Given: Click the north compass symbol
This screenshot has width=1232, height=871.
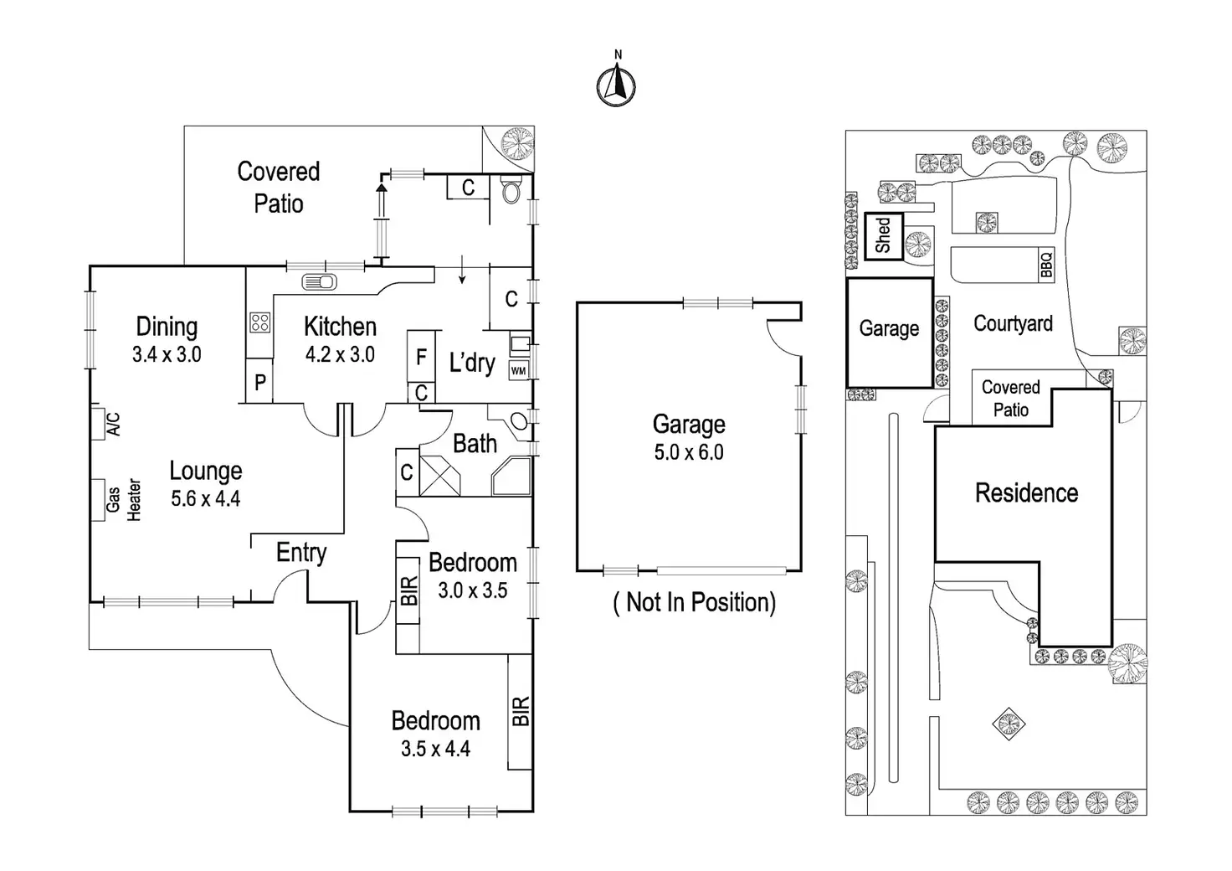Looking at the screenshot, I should coord(616,85).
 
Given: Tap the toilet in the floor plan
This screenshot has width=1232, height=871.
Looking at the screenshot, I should coord(510,191).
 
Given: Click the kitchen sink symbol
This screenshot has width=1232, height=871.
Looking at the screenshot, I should coord(319,281).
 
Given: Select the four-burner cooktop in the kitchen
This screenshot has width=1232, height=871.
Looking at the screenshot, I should coord(259,322).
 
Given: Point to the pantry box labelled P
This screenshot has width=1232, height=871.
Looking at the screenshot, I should coord(260,382).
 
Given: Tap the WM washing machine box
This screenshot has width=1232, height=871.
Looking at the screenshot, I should coord(519,370).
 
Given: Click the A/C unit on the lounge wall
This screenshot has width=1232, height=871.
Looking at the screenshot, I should coord(105,424).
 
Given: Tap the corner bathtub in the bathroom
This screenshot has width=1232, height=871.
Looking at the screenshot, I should coord(511,477).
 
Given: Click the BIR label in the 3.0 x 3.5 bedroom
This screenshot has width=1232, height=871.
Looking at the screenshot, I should coord(408,590).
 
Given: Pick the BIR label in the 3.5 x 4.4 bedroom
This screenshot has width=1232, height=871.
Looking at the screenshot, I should coord(520,712).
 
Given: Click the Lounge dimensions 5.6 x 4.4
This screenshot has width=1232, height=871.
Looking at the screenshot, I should coord(206,499).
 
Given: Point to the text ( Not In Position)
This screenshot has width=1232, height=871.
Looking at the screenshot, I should coord(695,602).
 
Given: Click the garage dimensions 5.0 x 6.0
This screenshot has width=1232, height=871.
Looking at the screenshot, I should coord(689,453).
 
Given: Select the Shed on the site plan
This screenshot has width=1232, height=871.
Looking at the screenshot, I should coord(883,236).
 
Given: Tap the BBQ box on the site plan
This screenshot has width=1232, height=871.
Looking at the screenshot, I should coord(1045,265).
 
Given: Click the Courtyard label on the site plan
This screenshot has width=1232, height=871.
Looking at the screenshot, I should coord(1013,324).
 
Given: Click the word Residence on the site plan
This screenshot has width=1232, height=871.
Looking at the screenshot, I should coord(1026,492).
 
